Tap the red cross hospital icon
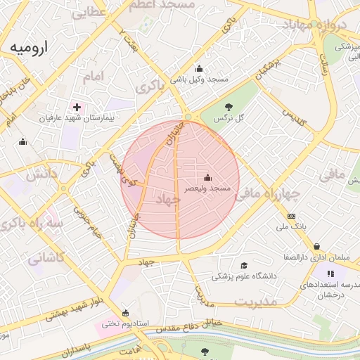(x=77, y=107)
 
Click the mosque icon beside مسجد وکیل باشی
(x=200, y=69)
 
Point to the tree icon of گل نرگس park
(x=229, y=107)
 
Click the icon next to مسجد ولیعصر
(x=207, y=177)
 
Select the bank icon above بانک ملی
(x=292, y=216)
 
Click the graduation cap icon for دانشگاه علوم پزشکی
(x=244, y=265)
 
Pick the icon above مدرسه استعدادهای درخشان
(x=330, y=274)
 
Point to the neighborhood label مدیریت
(x=257, y=300)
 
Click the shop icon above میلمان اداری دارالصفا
(x=318, y=246)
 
